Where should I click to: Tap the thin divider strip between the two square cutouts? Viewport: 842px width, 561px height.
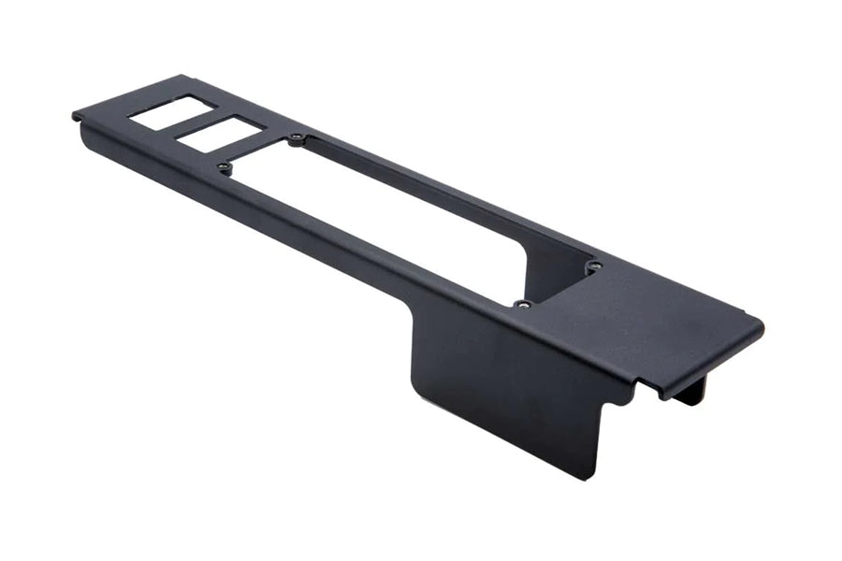(193, 123)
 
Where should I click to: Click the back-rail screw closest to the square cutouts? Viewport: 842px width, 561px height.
(297, 139)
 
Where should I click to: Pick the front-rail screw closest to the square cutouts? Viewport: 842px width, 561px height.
(224, 167)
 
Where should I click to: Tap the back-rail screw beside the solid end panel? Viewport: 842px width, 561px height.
(593, 268)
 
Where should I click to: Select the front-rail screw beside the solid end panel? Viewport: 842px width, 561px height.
(522, 303)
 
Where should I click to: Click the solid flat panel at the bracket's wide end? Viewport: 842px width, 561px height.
(646, 319)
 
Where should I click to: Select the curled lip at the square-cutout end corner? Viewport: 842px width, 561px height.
(78, 116)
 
